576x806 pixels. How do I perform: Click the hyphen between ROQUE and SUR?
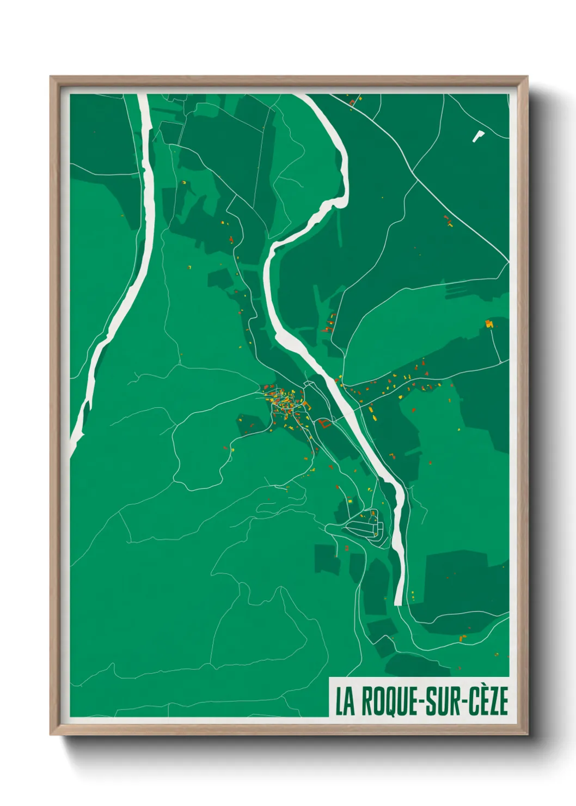pyautogui.click(x=419, y=703)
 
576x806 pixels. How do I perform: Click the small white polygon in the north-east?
pyautogui.click(x=477, y=136)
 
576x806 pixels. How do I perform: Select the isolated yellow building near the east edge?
pyautogui.click(x=489, y=324)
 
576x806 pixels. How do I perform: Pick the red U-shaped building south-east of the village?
pyautogui.click(x=324, y=424)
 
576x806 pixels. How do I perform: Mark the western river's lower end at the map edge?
pyautogui.click(x=75, y=441)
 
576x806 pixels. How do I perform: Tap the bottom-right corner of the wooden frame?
pyautogui.click(x=526, y=734)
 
